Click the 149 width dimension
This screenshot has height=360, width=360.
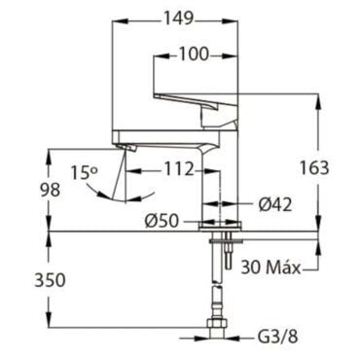178,18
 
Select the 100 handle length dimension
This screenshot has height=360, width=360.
194,54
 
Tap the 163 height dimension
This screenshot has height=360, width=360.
314,168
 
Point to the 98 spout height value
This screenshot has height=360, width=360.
50,190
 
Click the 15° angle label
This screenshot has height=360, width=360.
84,172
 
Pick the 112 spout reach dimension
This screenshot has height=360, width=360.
179,169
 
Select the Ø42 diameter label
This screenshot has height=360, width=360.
275,204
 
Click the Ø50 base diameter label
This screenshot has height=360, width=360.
162,222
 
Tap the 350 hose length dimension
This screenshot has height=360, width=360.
50,280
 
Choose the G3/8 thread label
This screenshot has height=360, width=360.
277,338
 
